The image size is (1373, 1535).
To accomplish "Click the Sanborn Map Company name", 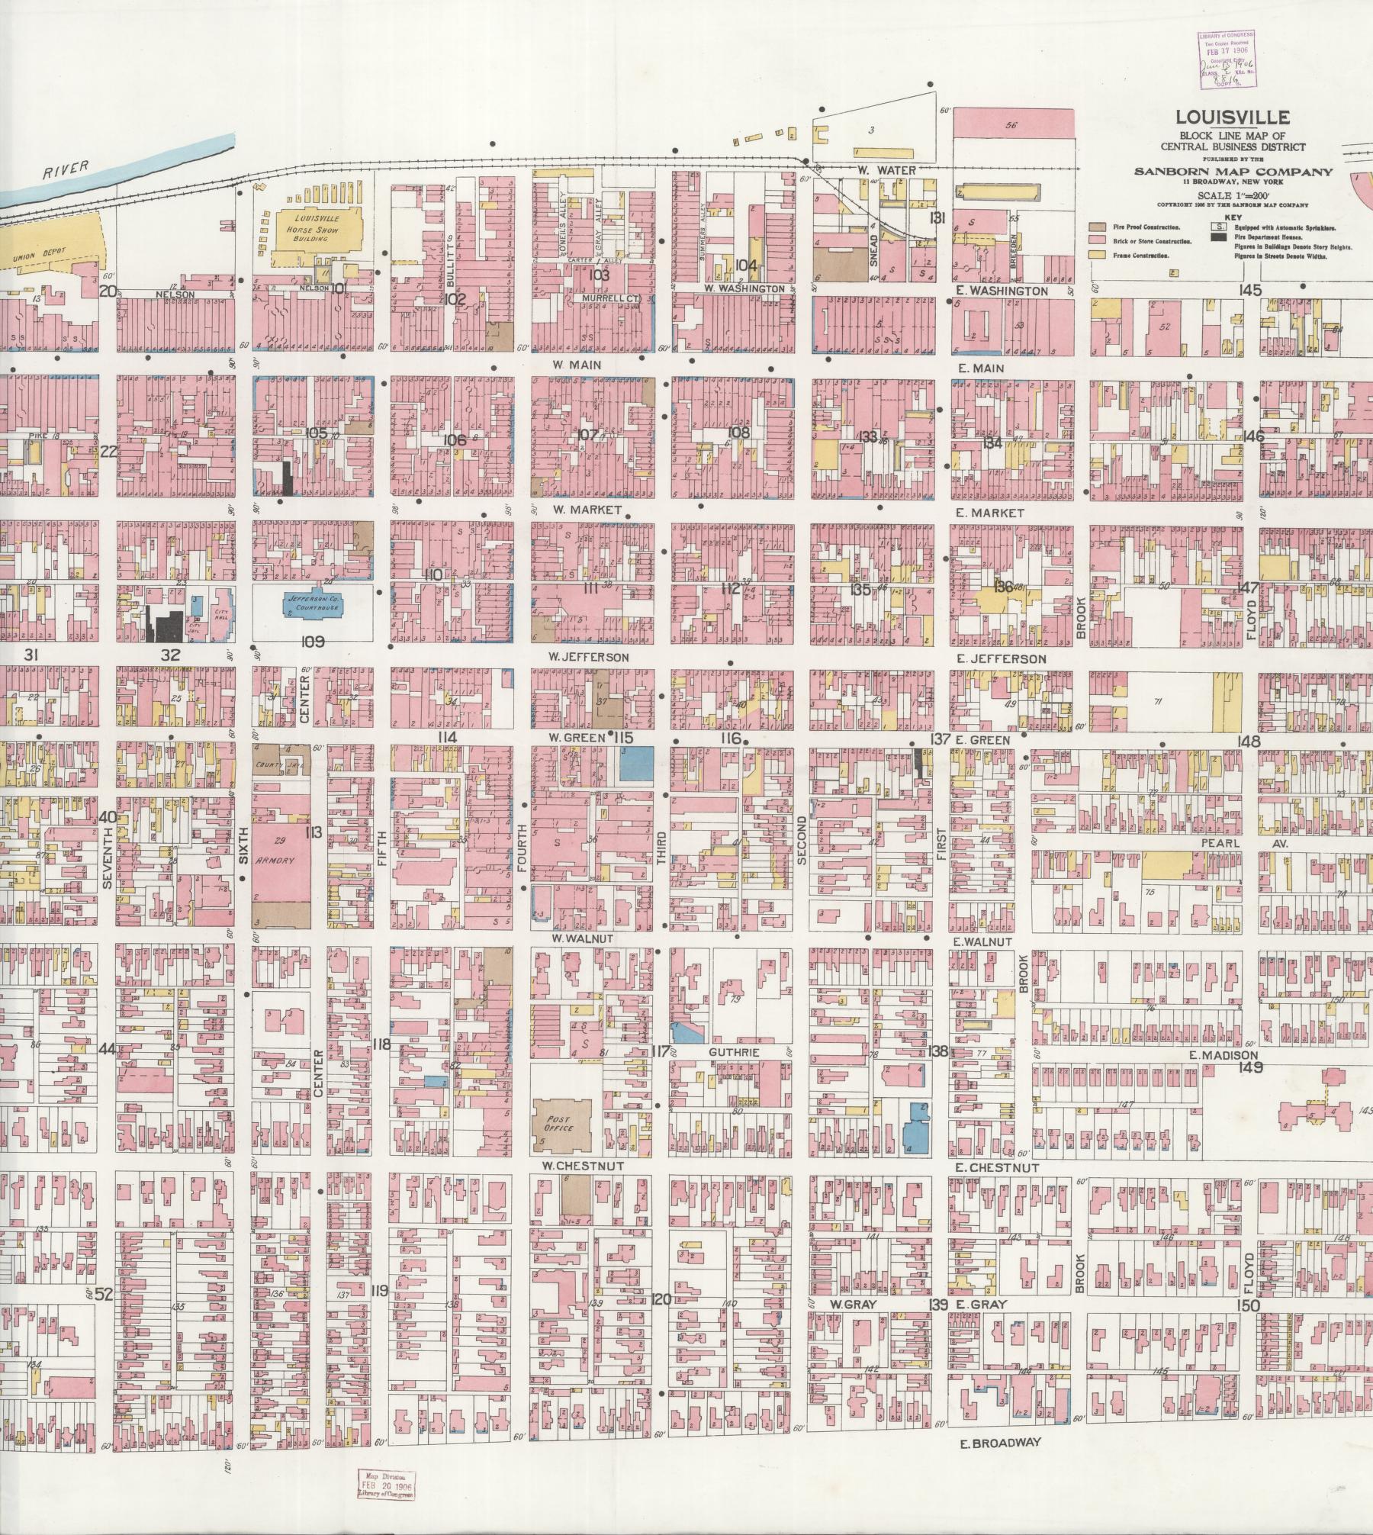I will pyautogui.click(x=1233, y=171).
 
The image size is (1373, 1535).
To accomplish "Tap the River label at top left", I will pyautogui.click(x=66, y=169).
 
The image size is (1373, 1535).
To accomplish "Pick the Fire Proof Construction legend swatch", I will pyautogui.click(x=1098, y=227).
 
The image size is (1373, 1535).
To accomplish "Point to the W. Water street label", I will pyautogui.click(x=885, y=171).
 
